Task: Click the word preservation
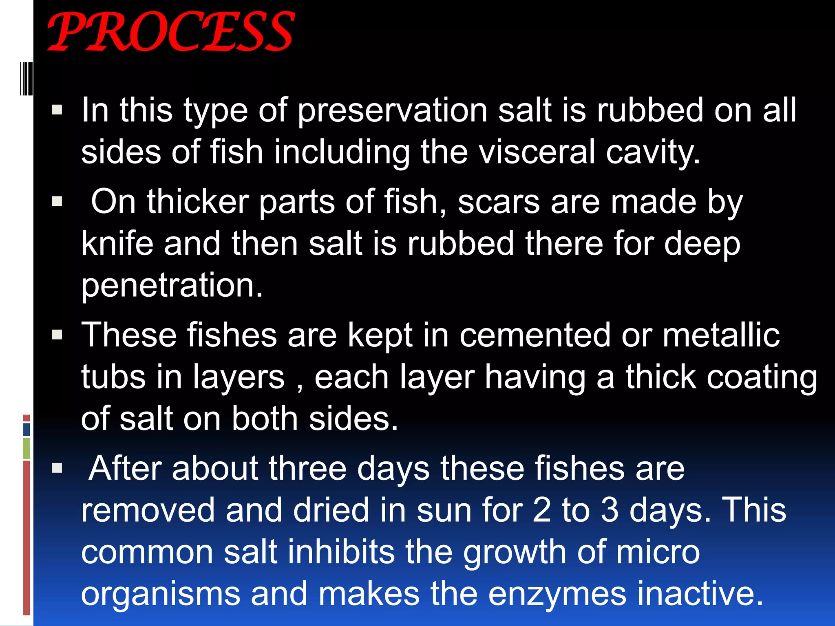pyautogui.click(x=392, y=111)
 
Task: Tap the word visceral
pyautogui.click(x=537, y=152)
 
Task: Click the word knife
pyautogui.click(x=117, y=244)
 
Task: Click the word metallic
pyautogui.click(x=721, y=335)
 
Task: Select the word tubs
pyautogui.click(x=113, y=377)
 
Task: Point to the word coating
pyautogui.click(x=762, y=378)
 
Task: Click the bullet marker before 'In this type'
pyautogui.click(x=57, y=110)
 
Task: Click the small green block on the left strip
pyautogui.click(x=27, y=448)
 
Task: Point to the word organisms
pyautogui.click(x=161, y=594)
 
